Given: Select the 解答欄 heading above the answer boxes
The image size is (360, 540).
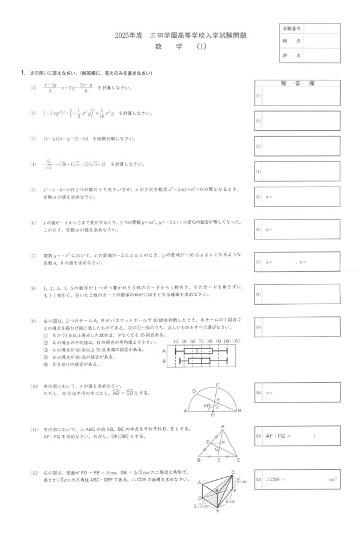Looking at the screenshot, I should (298, 83).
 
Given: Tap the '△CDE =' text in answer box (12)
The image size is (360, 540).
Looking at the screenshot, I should (275, 479).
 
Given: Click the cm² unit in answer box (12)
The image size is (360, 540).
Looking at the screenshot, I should (332, 479).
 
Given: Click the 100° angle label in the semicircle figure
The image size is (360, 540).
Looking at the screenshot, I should (206, 406).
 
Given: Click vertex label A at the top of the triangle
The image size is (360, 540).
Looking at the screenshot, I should (223, 427).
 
